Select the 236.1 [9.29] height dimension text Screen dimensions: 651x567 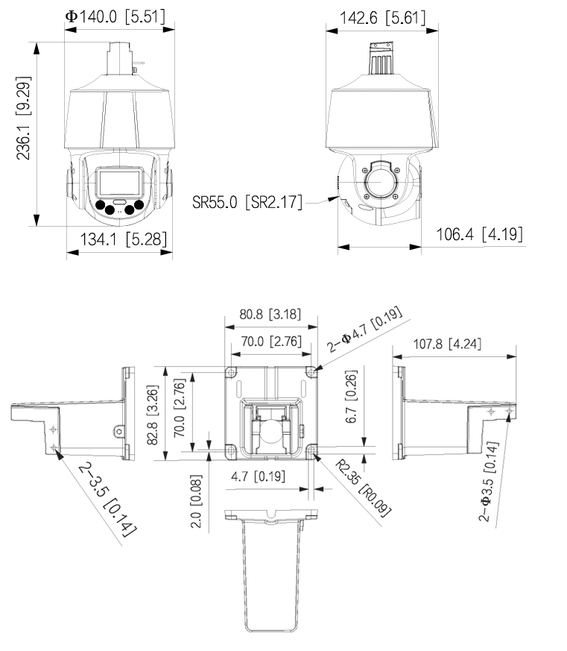point(24,117)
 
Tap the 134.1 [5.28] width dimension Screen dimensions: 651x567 point(119,239)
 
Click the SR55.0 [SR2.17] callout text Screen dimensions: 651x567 point(247,203)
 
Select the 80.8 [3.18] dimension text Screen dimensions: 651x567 point(270,314)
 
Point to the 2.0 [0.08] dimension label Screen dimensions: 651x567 point(197,508)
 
